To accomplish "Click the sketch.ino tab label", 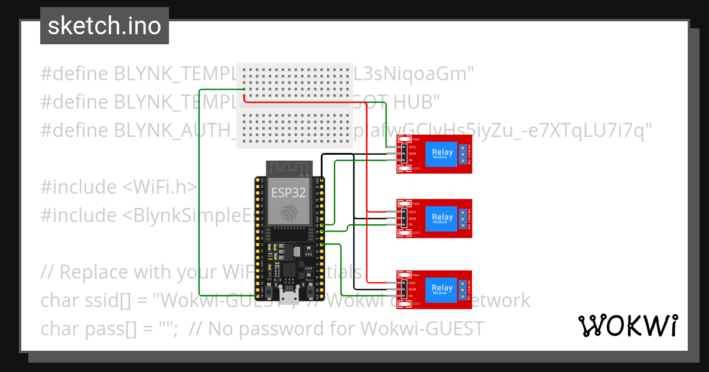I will pos(105,26).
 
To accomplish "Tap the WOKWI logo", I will pos(627,325).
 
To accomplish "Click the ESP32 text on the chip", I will pos(289,192).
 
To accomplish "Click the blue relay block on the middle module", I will pos(442,218).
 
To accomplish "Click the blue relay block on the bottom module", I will pos(442,290).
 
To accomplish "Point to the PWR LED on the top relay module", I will pos(404,139).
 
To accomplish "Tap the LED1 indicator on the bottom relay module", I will pos(404,304).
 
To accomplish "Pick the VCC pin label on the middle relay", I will pos(412,211).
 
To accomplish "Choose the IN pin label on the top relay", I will pos(411,161).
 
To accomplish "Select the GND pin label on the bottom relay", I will pos(412,289).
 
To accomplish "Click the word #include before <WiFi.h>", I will pos(79,187).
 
